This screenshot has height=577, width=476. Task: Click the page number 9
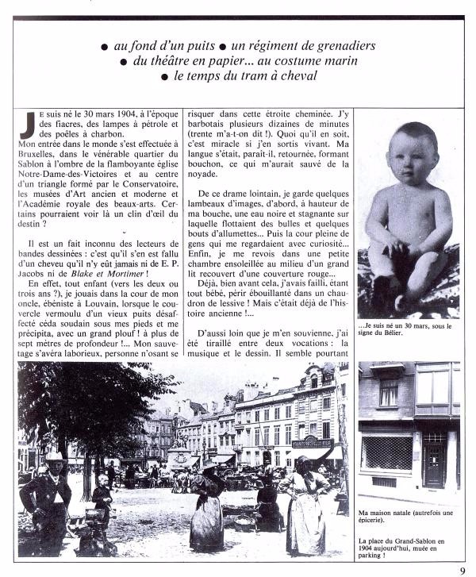(462, 568)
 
